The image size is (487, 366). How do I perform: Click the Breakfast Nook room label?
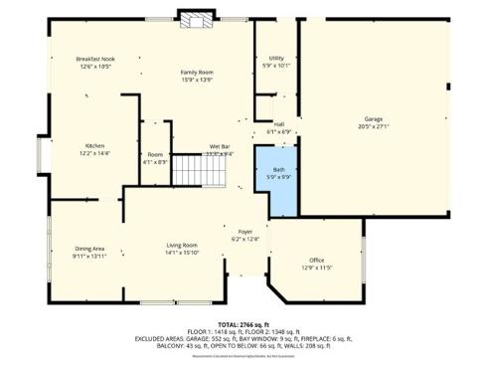(x=95, y=60)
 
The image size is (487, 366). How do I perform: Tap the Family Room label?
(x=197, y=73)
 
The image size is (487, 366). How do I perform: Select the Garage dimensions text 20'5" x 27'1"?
(x=373, y=126)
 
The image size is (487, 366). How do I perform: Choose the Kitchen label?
(x=95, y=145)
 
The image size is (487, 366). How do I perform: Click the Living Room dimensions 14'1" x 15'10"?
(x=182, y=253)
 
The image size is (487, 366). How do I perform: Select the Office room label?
(x=316, y=260)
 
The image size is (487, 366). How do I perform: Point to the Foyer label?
(x=245, y=231)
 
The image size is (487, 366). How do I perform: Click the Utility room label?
(x=276, y=58)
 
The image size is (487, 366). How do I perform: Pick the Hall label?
(x=279, y=124)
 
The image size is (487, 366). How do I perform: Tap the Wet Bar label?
(x=220, y=146)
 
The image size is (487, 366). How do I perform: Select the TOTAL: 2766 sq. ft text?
(x=243, y=325)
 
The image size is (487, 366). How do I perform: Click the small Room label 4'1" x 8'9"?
(x=155, y=155)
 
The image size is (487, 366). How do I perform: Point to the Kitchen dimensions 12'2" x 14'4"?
(x=95, y=153)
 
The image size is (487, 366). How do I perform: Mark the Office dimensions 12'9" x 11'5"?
(x=316, y=268)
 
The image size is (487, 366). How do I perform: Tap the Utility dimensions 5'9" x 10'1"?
(x=276, y=66)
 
